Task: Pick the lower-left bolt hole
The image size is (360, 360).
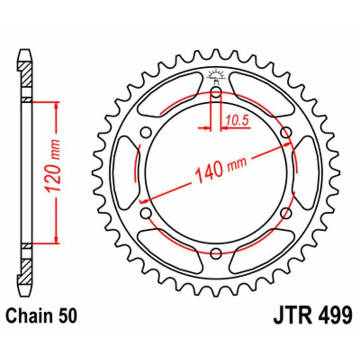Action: click(146, 213)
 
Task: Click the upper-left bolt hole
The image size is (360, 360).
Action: click(146, 132)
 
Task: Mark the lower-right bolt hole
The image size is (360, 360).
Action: click(285, 213)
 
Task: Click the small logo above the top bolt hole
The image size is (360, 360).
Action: click(216, 76)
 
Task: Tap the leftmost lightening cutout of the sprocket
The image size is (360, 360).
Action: click(125, 173)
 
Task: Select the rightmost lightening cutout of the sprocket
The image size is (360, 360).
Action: click(307, 173)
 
